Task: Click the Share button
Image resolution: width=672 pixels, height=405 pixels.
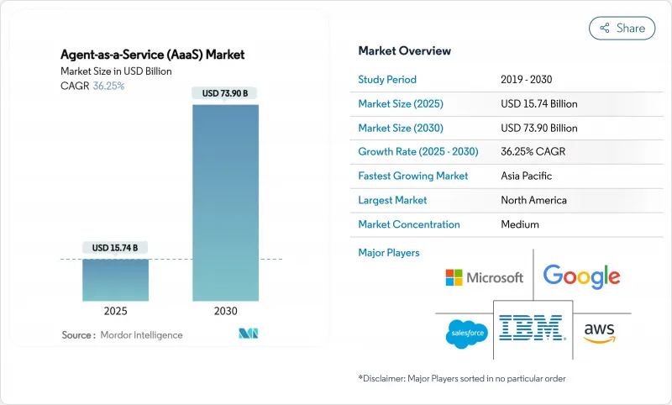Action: pyautogui.click(x=622, y=29)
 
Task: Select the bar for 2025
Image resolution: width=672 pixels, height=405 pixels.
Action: pyautogui.click(x=116, y=280)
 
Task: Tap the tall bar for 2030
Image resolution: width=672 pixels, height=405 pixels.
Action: pyautogui.click(x=225, y=202)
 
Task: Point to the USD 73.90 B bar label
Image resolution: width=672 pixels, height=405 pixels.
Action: pyautogui.click(x=225, y=93)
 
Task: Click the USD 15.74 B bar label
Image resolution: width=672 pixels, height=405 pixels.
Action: pyautogui.click(x=115, y=248)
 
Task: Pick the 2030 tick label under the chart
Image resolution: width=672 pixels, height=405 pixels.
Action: pyautogui.click(x=225, y=311)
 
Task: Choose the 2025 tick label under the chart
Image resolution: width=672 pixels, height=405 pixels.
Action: pyautogui.click(x=115, y=311)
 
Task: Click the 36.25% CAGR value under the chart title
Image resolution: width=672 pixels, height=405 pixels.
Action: pyautogui.click(x=108, y=86)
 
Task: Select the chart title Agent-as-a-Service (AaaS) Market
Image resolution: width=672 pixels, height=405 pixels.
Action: pyautogui.click(x=153, y=55)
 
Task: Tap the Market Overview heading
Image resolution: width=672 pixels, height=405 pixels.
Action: pyautogui.click(x=405, y=50)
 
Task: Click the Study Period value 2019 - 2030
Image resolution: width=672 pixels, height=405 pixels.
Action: pyautogui.click(x=527, y=79)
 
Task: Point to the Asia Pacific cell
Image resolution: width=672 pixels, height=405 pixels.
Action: pyautogui.click(x=527, y=176)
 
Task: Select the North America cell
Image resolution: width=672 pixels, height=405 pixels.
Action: pyautogui.click(x=533, y=200)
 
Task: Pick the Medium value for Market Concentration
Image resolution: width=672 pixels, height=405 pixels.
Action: pyautogui.click(x=520, y=224)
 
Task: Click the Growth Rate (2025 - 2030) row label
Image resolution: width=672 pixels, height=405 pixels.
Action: pyautogui.click(x=418, y=151)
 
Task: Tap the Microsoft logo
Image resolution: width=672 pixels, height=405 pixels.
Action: pyautogui.click(x=485, y=278)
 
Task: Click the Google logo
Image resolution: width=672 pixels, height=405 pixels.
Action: pyautogui.click(x=581, y=276)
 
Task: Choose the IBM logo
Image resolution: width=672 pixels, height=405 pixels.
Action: pyautogui.click(x=533, y=328)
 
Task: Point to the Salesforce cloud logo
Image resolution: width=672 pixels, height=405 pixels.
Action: pyautogui.click(x=467, y=334)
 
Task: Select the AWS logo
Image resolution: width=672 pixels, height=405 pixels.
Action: pyautogui.click(x=599, y=333)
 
